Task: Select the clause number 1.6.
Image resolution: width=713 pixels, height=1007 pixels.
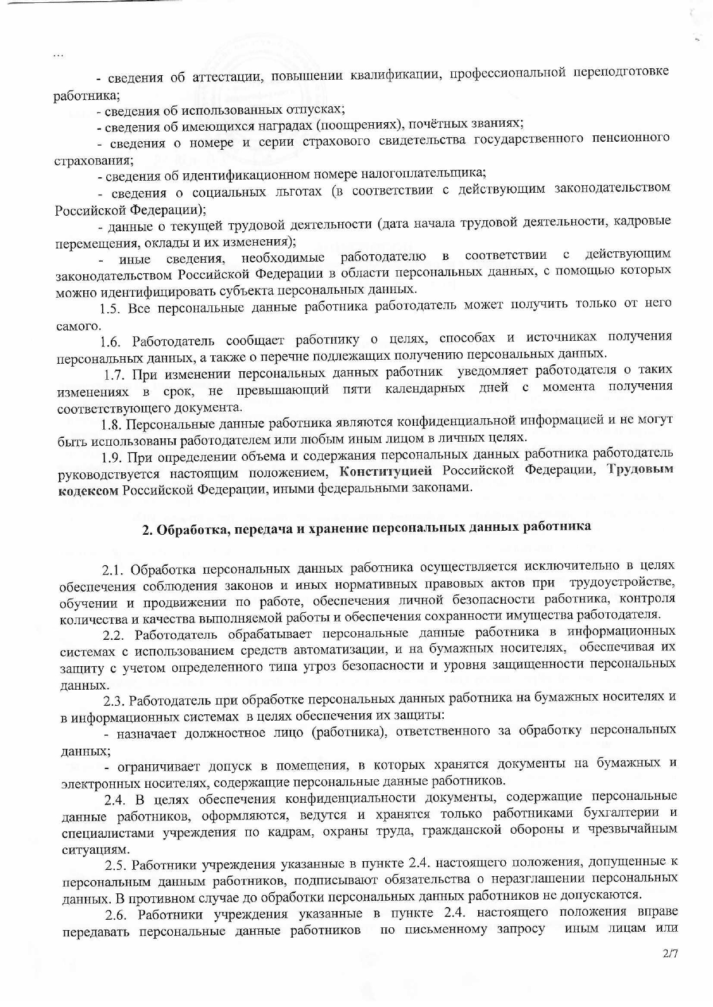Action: point(111,342)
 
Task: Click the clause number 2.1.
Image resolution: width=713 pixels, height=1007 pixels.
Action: point(113,570)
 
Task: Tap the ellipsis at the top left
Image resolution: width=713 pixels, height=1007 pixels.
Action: point(58,56)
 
